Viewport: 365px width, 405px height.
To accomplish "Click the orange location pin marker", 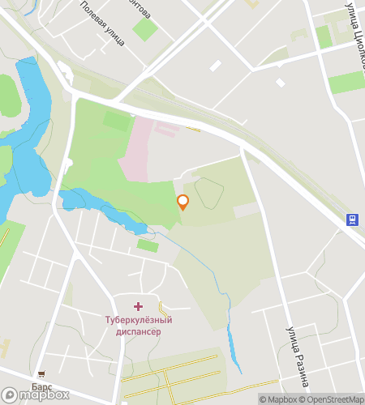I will (183, 202).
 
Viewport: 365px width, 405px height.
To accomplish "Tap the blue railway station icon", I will (353, 219).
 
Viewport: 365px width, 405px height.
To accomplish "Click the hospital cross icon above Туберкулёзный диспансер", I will (137, 306).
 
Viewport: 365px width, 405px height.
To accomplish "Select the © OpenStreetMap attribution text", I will (333, 399).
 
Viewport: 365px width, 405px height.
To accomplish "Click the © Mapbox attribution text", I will (278, 399).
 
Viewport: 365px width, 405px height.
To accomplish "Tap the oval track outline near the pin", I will (208, 193).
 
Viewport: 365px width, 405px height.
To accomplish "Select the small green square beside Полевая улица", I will (144, 29).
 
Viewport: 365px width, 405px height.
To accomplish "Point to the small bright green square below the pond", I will (147, 245).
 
